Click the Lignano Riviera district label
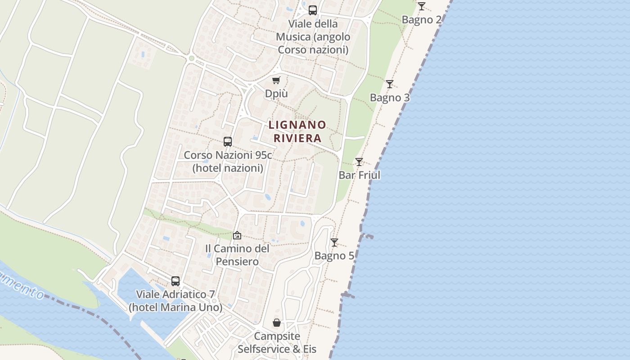click(297, 131)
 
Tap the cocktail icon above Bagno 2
click(421, 6)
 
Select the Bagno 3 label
click(390, 98)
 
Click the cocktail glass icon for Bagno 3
click(390, 84)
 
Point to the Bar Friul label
click(360, 175)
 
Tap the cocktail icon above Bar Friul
click(359, 162)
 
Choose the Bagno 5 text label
click(334, 256)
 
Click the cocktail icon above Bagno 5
click(334, 243)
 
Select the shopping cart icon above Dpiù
click(276, 81)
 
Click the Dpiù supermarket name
click(276, 94)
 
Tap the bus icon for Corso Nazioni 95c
click(228, 142)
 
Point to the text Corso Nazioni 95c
click(228, 155)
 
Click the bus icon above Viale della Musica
click(313, 10)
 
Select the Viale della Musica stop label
click(313, 36)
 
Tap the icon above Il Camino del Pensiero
click(237, 235)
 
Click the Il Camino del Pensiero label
click(237, 255)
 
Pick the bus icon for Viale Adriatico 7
click(175, 281)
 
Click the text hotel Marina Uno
click(175, 307)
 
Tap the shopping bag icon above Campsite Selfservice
click(277, 323)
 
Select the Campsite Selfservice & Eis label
click(277, 342)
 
